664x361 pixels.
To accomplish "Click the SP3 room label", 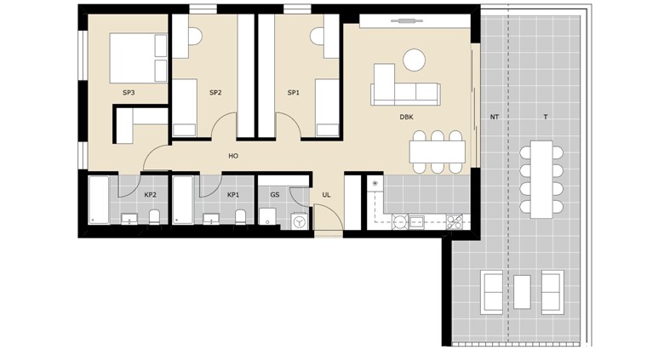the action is [129, 92].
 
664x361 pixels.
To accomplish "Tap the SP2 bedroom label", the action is [215, 92].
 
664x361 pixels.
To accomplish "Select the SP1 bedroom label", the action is [294, 92].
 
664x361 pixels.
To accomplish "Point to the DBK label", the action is [407, 117].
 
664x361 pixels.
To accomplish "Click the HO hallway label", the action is [233, 156].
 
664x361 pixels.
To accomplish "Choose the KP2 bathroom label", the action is [151, 195].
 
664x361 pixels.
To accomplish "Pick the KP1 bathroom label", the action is [233, 195].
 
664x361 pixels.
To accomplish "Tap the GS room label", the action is [275, 195].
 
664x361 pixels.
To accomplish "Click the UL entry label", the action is [326, 195].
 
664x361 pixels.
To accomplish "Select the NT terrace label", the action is [495, 117].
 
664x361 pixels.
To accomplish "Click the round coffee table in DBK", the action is [414, 60].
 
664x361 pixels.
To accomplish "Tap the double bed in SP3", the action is [139, 58].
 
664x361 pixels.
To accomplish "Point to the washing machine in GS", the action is [300, 221].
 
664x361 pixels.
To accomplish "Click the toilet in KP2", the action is [154, 217].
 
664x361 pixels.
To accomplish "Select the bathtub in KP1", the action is [183, 200].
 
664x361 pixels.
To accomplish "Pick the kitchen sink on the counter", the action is [416, 221].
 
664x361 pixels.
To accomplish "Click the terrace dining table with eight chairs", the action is [541, 180].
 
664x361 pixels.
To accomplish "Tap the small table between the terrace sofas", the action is [522, 292].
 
